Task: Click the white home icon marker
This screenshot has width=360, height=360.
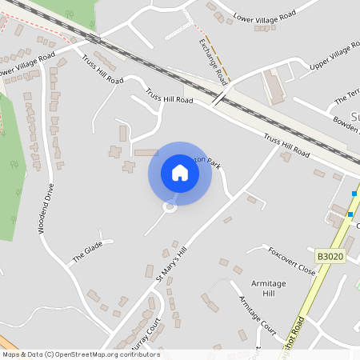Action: point(180,173)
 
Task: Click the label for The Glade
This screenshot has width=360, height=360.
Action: point(88,254)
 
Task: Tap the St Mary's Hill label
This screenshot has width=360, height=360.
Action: point(170,266)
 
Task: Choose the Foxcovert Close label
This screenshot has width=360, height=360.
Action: point(292,260)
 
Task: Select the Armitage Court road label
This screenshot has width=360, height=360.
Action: point(258,314)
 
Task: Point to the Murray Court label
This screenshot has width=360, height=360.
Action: point(146,332)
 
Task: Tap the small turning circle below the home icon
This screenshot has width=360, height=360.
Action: point(169,207)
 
